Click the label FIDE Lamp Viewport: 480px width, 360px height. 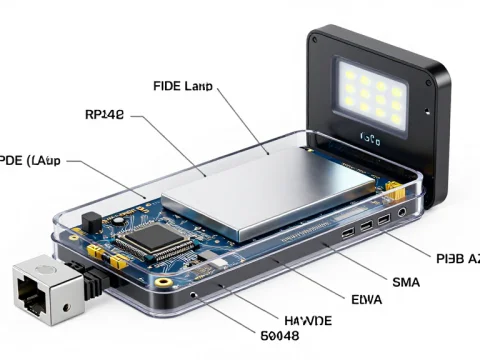pos(182,86)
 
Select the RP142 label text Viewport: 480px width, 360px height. pos(105,115)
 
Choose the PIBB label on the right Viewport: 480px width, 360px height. pos(456,257)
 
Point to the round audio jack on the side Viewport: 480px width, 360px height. pos(402,212)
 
